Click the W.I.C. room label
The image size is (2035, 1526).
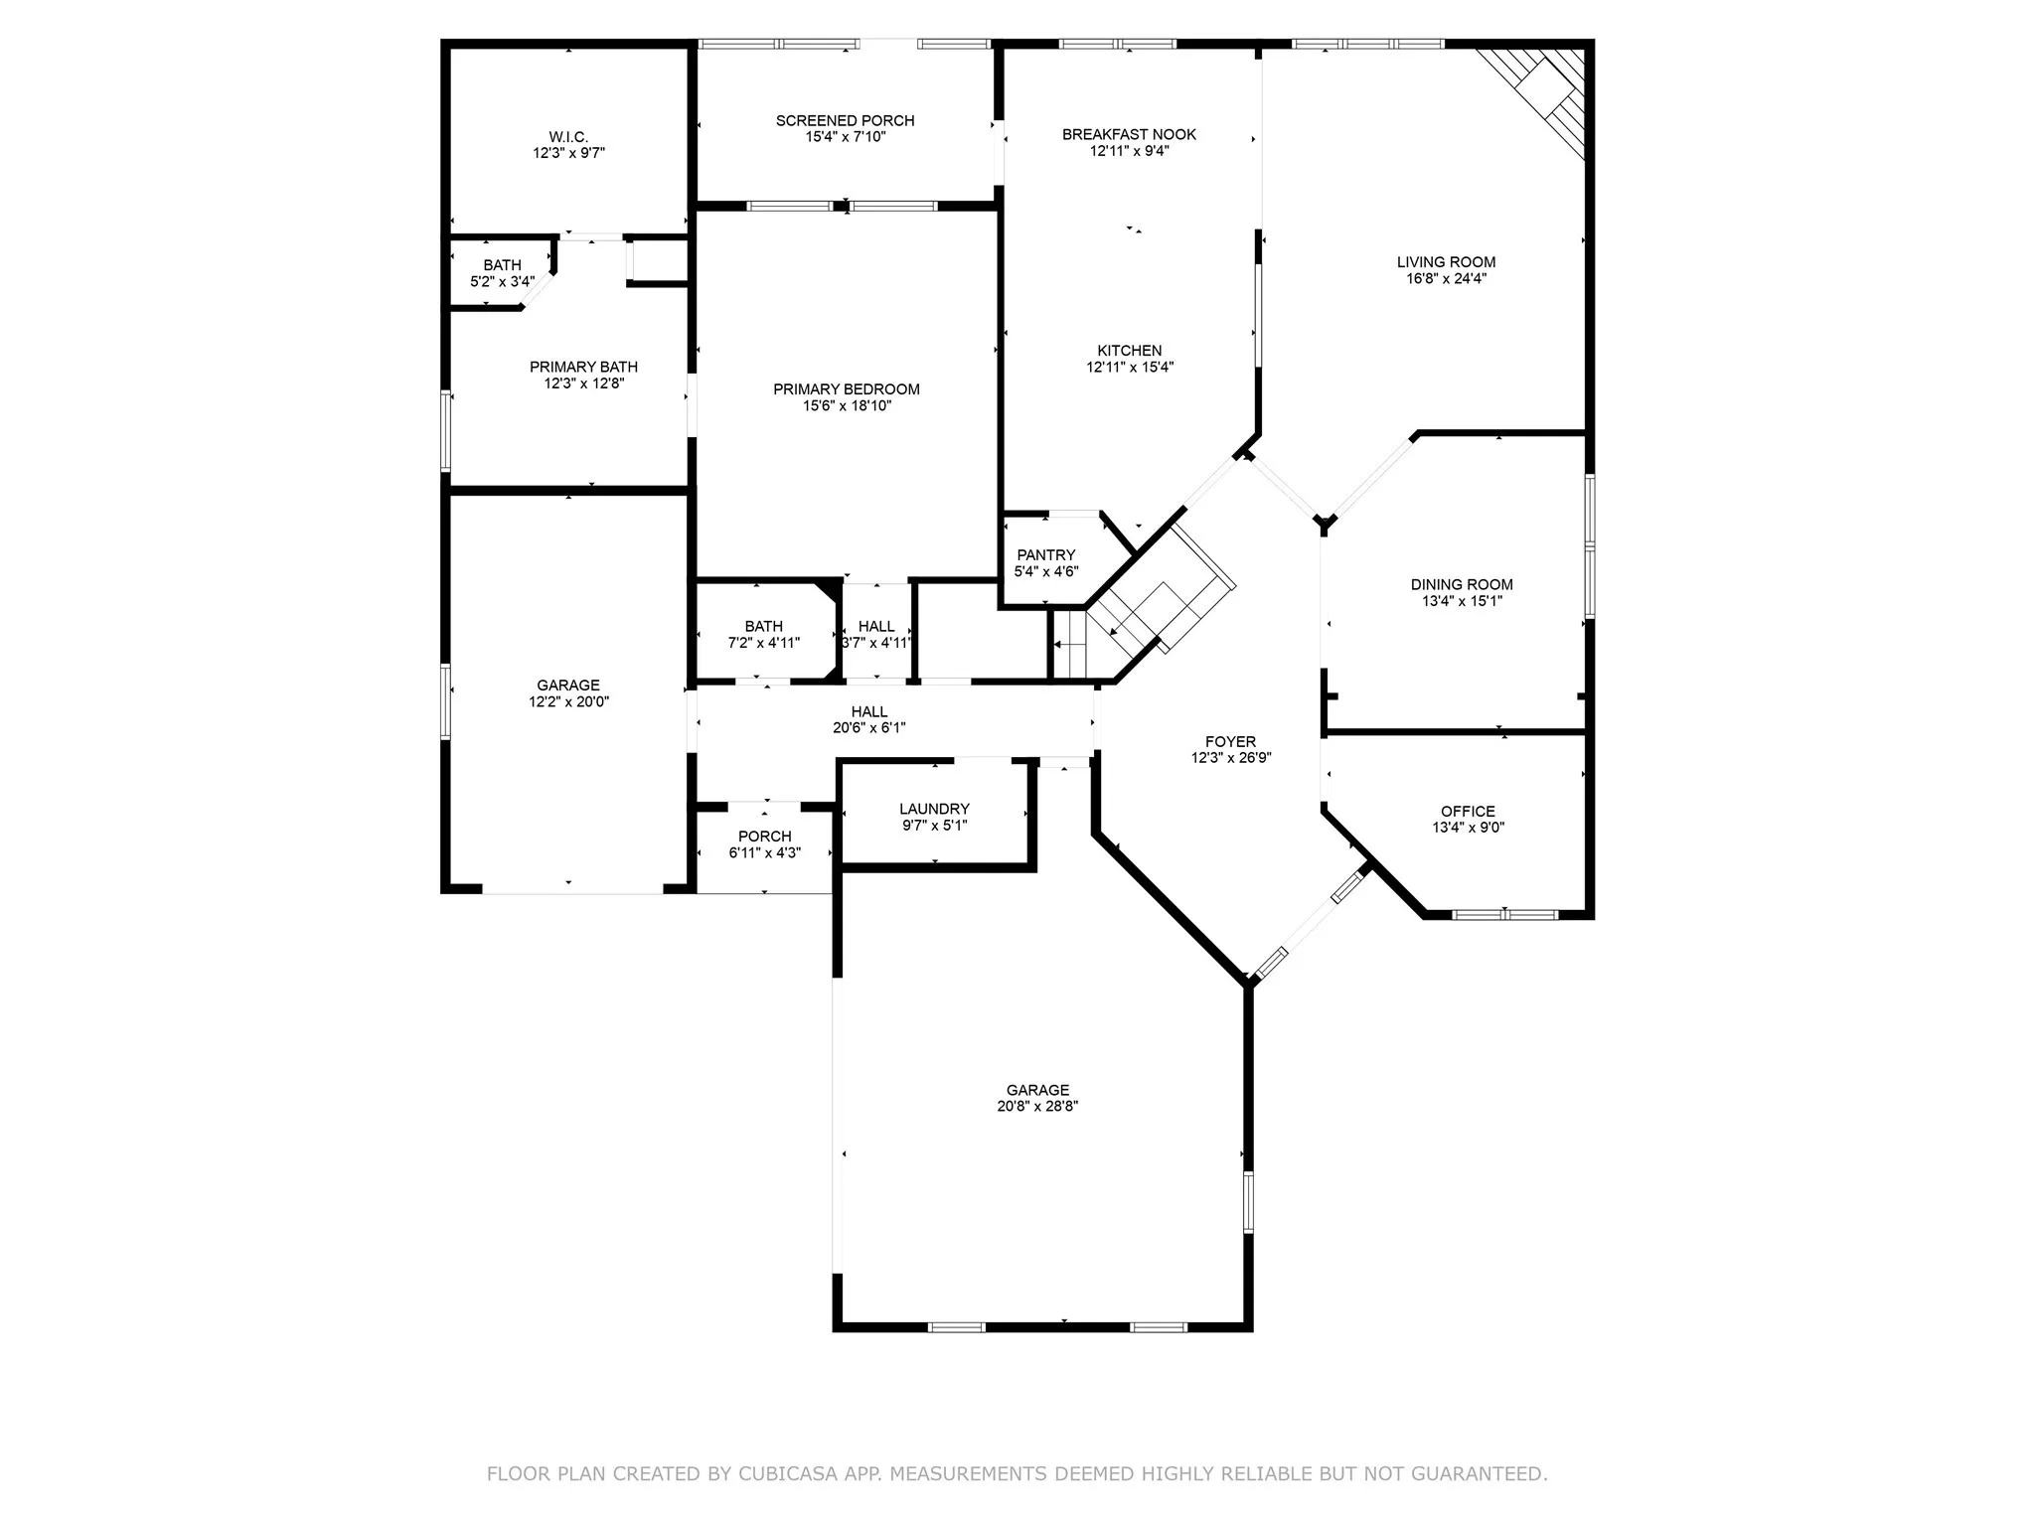click(x=568, y=136)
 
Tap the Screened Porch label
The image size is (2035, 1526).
click(x=845, y=120)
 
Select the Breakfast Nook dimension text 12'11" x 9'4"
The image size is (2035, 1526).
click(x=1129, y=151)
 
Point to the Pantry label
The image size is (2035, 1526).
click(x=1045, y=554)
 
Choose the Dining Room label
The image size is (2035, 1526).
click(x=1462, y=584)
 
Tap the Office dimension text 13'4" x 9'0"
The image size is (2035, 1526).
click(x=1468, y=827)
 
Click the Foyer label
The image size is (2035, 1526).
click(x=1230, y=741)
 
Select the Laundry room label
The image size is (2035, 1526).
click(x=934, y=809)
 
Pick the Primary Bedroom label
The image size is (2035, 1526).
click(x=847, y=388)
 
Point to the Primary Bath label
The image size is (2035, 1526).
click(x=583, y=367)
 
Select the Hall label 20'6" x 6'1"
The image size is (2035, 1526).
click(x=868, y=711)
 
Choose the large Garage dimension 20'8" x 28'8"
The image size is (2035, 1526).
click(x=1037, y=1106)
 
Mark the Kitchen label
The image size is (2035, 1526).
click(x=1129, y=350)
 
